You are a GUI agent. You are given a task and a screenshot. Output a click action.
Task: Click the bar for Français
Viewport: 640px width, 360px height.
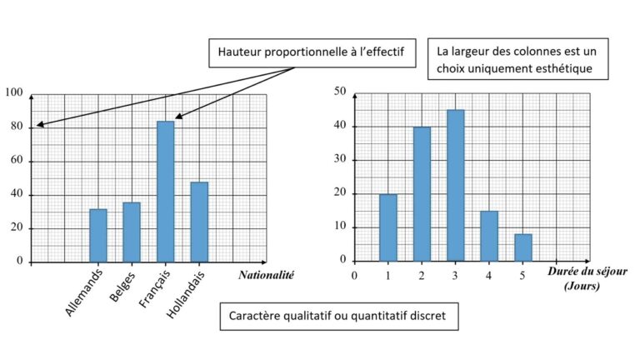(x=165, y=192)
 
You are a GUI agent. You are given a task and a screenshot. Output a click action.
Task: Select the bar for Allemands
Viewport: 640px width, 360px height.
(x=98, y=235)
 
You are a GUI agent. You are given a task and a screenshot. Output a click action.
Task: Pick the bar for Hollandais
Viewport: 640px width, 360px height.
(x=198, y=222)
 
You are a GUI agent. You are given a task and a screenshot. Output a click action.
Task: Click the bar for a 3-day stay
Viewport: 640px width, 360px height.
(x=455, y=185)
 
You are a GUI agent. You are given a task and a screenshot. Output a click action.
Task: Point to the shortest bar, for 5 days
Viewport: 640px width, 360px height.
(x=522, y=247)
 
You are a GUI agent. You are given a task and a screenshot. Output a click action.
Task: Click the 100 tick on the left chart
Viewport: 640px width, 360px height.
(x=14, y=93)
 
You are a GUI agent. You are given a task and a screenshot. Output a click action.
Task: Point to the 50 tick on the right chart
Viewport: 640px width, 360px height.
(x=340, y=92)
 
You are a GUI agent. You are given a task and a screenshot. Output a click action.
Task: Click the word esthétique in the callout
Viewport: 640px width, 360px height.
(x=558, y=68)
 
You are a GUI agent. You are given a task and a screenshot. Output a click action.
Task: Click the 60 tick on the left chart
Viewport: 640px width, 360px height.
(x=17, y=161)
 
